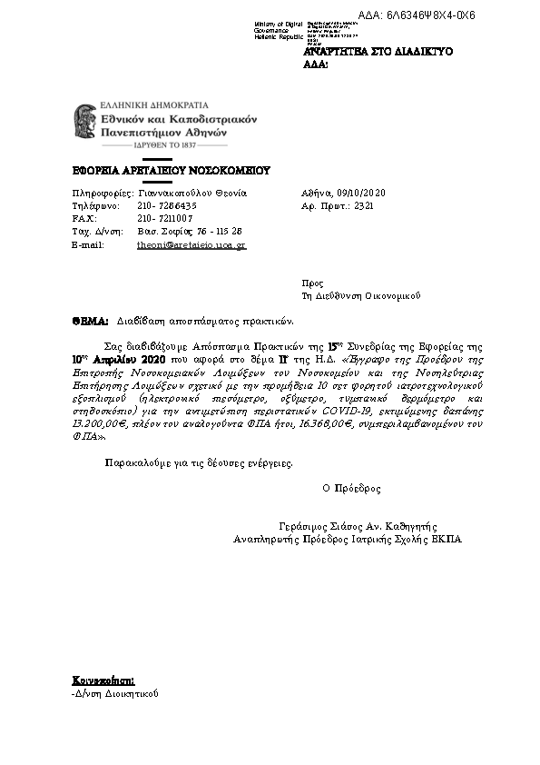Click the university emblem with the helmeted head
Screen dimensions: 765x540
click(x=85, y=125)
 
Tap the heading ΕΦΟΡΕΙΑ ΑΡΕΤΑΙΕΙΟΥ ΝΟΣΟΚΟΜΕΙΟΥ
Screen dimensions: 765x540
click(x=172, y=171)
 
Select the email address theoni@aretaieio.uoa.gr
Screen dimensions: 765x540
click(x=191, y=245)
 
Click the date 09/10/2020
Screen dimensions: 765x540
click(x=360, y=194)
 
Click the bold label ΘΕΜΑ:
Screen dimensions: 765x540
click(x=90, y=322)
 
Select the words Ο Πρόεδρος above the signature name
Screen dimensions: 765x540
click(x=351, y=489)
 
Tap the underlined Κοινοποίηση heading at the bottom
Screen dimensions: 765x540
click(x=103, y=680)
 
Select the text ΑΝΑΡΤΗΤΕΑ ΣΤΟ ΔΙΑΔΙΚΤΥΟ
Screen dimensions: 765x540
click(x=378, y=53)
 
